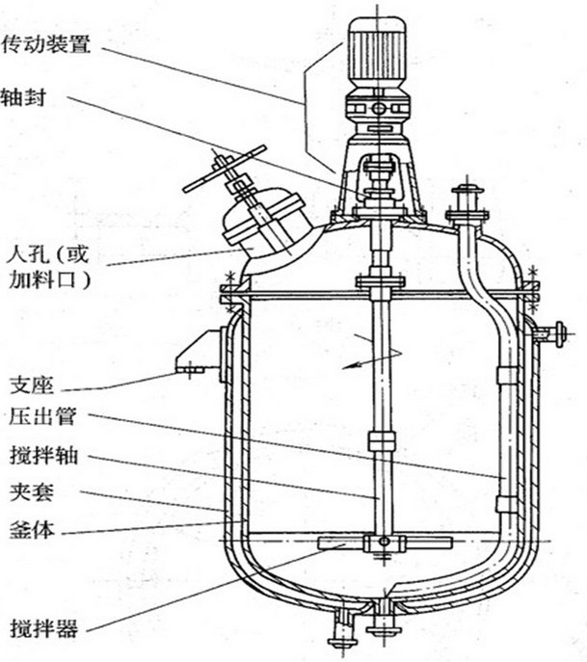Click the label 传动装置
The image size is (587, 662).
tap(48, 44)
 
